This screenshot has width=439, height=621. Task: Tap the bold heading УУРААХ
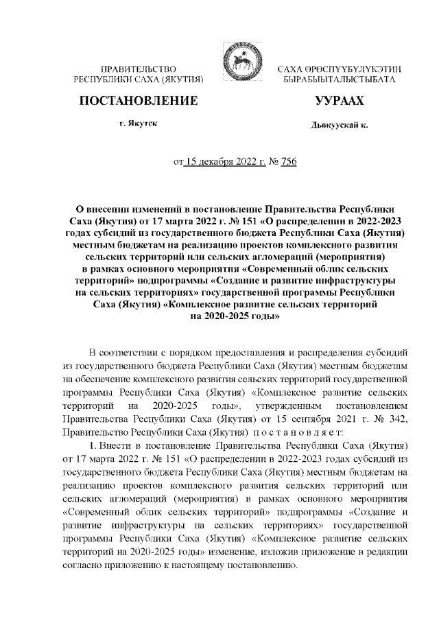click(x=339, y=102)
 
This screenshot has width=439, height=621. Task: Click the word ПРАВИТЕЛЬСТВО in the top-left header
click(x=139, y=70)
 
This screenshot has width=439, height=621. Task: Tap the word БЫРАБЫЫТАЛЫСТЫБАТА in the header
click(x=340, y=80)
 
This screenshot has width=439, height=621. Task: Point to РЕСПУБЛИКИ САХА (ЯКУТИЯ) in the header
click(x=139, y=80)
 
